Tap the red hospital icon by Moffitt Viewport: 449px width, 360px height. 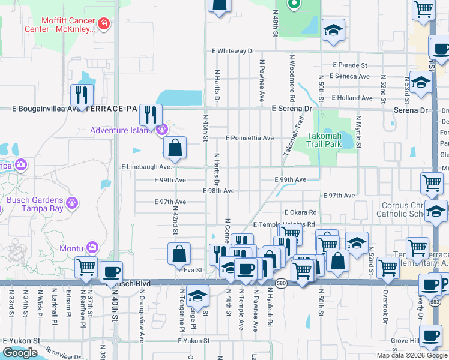pyautogui.click(x=104, y=24)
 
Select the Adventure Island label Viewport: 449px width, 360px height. pyautogui.click(x=122, y=130)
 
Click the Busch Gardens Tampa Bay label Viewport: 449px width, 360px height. pyautogui.click(x=35, y=204)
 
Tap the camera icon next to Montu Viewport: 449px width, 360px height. pyautogui.click(x=92, y=247)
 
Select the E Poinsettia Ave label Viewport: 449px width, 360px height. pyautogui.click(x=249, y=137)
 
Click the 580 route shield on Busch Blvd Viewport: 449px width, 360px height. pyautogui.click(x=280, y=283)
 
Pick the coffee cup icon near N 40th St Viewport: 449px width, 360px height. pyautogui.click(x=111, y=271)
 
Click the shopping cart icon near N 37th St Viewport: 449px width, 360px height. pyautogui.click(x=86, y=266)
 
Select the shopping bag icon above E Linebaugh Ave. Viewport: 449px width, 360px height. pyautogui.click(x=175, y=147)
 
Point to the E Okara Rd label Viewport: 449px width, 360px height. pyautogui.click(x=300, y=212)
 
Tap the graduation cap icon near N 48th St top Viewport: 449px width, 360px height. pyautogui.click(x=333, y=29)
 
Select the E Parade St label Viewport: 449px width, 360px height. pyautogui.click(x=349, y=65)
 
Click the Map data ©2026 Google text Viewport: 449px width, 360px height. pyautogui.click(x=412, y=355)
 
